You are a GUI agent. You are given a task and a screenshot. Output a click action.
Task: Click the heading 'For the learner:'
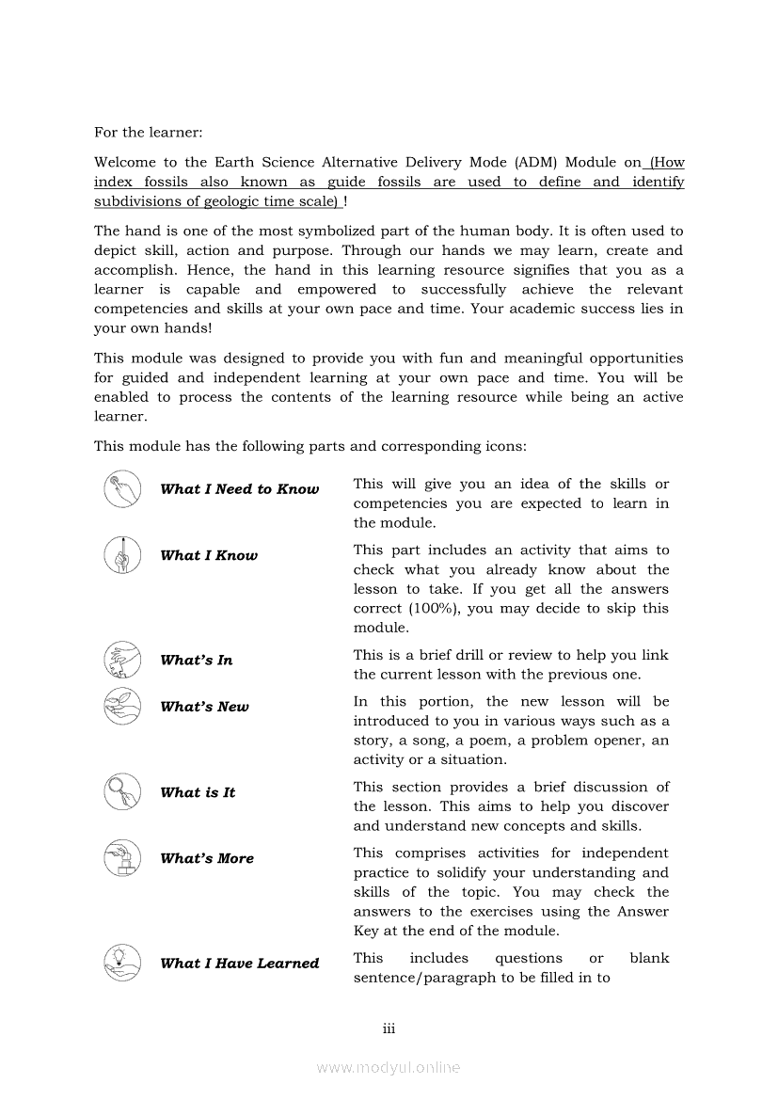tap(148, 133)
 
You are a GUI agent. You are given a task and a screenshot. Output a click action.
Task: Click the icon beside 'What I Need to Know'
tap(121, 488)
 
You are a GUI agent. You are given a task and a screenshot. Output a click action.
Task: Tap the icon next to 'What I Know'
tap(121, 554)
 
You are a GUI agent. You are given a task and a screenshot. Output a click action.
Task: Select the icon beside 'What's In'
tap(121, 659)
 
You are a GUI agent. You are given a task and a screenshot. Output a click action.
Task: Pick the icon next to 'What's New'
tap(121, 706)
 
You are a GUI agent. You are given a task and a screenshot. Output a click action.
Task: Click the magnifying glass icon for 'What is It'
tap(121, 791)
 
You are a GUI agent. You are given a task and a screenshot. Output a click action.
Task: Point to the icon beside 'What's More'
tap(121, 857)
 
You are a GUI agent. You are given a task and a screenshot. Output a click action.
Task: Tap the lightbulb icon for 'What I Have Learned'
tap(121, 962)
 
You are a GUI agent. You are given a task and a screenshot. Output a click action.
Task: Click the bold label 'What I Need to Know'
tap(239, 489)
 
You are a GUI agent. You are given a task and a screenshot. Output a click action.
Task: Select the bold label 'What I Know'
tap(208, 555)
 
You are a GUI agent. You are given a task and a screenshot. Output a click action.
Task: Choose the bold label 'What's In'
tap(196, 660)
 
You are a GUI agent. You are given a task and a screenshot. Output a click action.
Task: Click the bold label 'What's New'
tap(204, 707)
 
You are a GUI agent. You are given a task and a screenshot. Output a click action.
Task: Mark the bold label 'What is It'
tap(198, 792)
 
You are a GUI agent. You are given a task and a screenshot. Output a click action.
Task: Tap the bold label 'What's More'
tap(207, 858)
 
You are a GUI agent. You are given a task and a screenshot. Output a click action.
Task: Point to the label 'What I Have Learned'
tap(239, 963)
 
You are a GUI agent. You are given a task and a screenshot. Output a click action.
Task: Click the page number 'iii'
tap(389, 1028)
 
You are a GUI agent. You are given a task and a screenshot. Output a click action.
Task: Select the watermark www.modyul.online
tap(389, 1067)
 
